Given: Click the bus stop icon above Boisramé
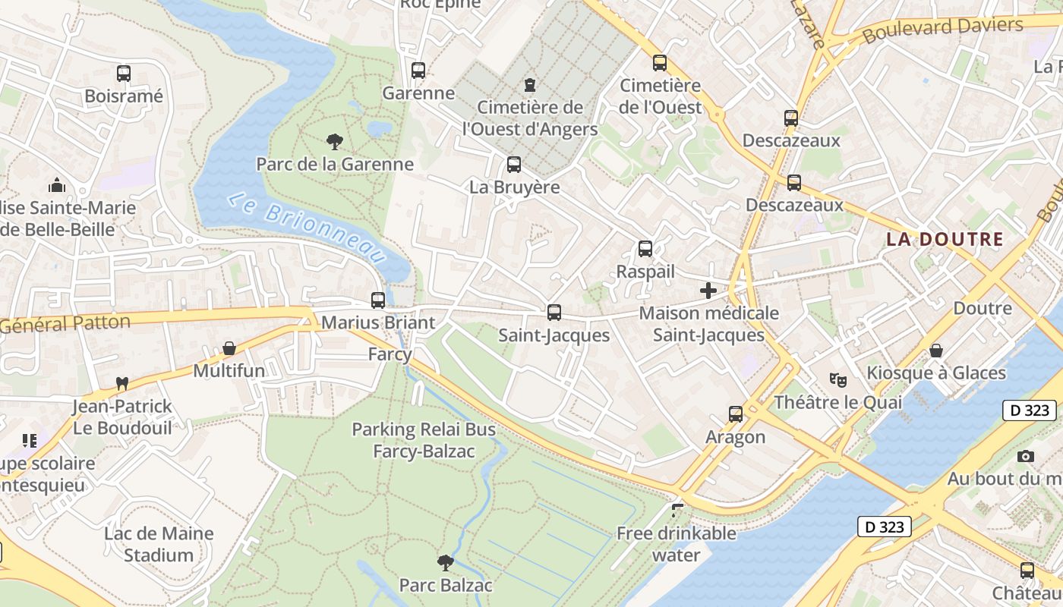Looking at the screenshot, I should point(124,74).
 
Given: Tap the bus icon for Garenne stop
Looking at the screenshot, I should point(418,71).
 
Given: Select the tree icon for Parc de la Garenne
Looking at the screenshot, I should point(334,141).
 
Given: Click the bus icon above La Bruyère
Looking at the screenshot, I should point(514,165).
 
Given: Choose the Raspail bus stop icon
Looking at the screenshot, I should point(645,249).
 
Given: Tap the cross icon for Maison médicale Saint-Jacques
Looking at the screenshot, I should point(708,290).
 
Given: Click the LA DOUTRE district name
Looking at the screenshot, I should point(945,239).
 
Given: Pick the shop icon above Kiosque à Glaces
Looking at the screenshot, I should point(936,351).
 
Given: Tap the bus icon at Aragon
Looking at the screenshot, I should point(736,414).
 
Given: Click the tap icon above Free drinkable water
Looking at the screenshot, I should point(677,511).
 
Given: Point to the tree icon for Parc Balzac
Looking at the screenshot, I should point(446,562).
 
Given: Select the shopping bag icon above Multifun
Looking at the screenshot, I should point(229,348).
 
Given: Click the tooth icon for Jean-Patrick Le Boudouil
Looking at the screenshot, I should point(121,384).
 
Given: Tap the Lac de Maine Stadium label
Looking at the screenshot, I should point(159,544).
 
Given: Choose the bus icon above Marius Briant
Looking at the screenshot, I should point(378,300).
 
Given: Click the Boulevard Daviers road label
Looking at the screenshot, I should point(942,30).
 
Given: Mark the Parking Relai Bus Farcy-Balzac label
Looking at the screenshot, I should point(424,440).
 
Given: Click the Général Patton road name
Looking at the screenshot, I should point(65,324).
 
